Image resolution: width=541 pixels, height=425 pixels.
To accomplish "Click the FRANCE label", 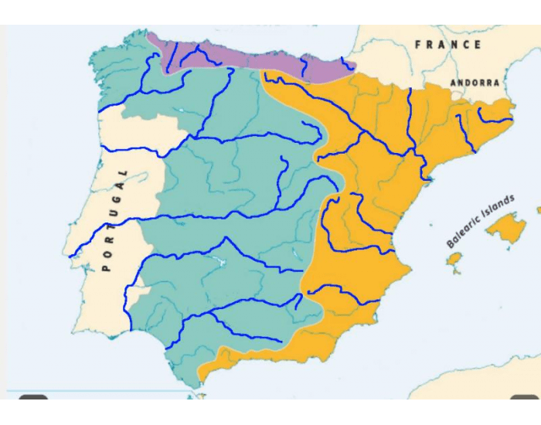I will (x=449, y=45).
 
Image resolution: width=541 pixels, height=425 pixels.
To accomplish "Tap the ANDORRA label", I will (x=475, y=83).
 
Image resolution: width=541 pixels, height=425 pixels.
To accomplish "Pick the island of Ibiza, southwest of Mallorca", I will (x=454, y=259).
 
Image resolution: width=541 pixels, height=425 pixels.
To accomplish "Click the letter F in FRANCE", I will (x=418, y=45).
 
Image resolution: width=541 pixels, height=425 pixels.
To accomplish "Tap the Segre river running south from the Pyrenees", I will (x=410, y=116).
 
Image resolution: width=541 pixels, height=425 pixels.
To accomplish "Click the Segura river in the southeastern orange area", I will (x=340, y=289).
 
